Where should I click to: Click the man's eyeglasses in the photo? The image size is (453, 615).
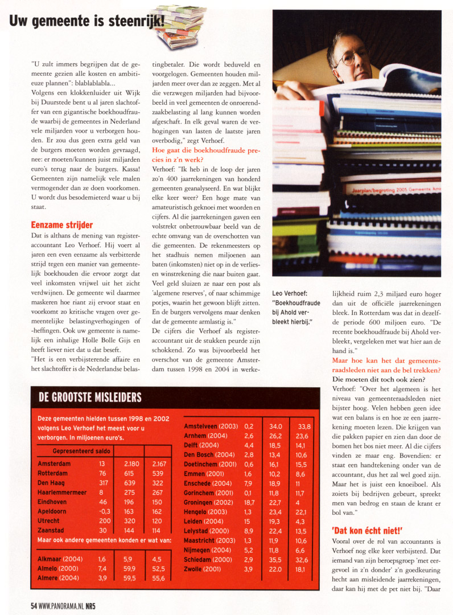point(353,56)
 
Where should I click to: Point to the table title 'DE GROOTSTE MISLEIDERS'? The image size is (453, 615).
point(90,397)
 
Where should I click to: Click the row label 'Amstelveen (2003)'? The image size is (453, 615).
point(210,426)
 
